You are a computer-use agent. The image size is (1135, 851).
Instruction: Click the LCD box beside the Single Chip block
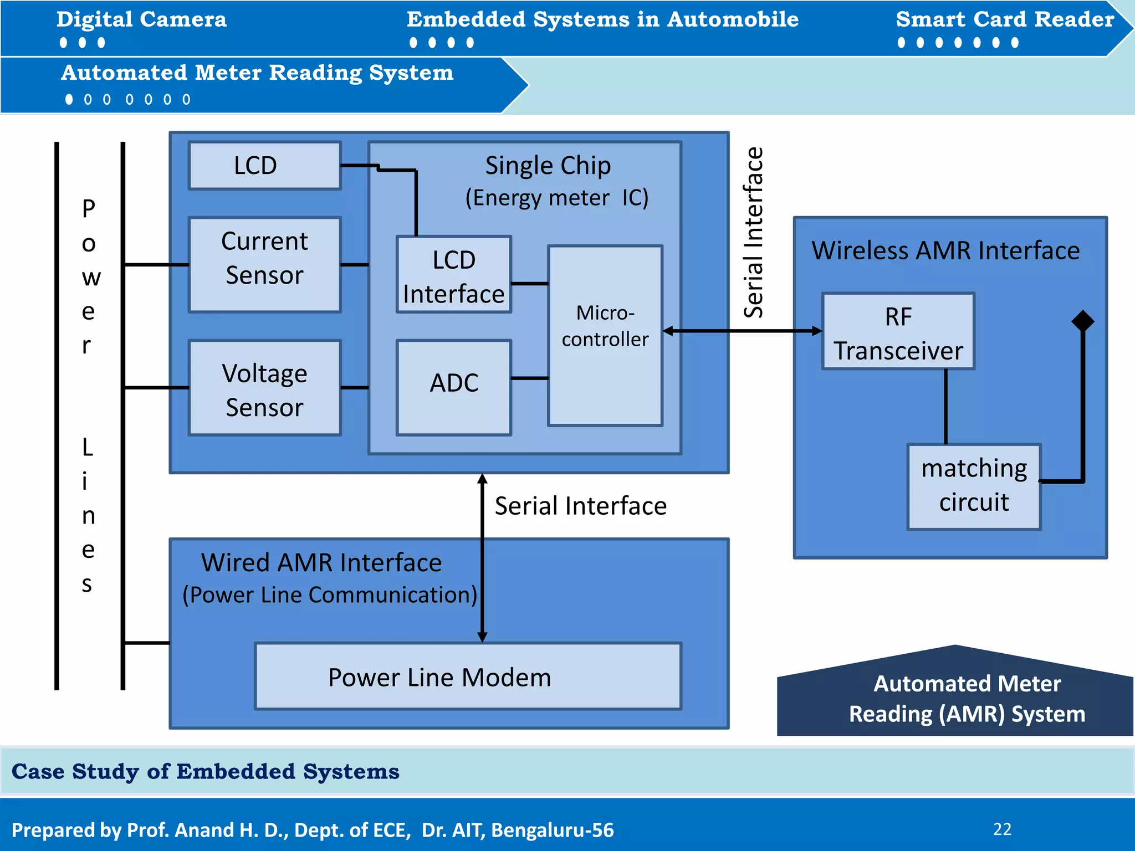[264, 166]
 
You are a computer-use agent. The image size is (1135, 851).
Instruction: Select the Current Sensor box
[264, 264]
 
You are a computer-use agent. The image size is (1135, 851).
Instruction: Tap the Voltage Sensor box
[264, 388]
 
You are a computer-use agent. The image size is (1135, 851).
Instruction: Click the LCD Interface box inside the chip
[453, 275]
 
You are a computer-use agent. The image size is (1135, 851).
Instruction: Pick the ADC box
[453, 387]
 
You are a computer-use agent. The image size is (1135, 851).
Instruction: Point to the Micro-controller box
[605, 335]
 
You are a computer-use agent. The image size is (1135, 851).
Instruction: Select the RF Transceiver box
[898, 331]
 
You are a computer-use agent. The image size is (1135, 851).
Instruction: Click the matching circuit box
[974, 486]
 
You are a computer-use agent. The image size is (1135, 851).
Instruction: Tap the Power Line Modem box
[467, 676]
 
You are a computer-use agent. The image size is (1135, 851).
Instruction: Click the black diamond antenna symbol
[1082, 321]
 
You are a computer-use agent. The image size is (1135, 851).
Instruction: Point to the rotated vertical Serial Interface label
[754, 233]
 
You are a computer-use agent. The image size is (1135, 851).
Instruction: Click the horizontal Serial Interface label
[580, 506]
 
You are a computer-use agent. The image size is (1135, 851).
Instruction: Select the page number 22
[1002, 829]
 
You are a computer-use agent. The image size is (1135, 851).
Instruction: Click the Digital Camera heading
[141, 19]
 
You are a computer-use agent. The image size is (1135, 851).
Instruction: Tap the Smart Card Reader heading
[1005, 19]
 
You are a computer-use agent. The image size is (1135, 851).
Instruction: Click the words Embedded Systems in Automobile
[602, 19]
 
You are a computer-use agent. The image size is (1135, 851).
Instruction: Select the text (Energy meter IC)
[556, 198]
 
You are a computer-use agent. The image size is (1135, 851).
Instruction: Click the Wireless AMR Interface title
[945, 250]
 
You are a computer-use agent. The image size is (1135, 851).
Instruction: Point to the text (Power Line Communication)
[330, 594]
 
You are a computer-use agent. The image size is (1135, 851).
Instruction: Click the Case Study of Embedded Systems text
[205, 771]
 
